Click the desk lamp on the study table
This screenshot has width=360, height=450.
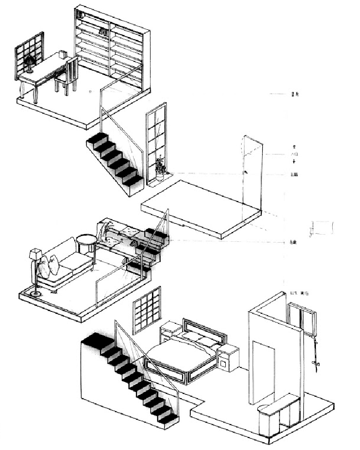click(x=30, y=61)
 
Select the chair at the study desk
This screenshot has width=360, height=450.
click(x=68, y=75)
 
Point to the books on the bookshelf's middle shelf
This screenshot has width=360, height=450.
click(x=103, y=32)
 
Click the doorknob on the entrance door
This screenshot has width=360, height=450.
click(x=246, y=172)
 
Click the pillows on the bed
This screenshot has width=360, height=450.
click(x=201, y=339)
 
